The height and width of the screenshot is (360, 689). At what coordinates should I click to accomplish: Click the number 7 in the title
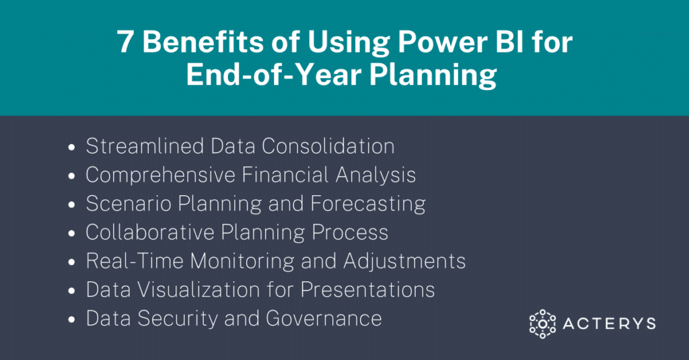[x=124, y=42]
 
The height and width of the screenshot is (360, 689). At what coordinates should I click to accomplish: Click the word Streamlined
[x=145, y=147]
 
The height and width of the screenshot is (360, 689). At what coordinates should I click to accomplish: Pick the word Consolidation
[x=328, y=147]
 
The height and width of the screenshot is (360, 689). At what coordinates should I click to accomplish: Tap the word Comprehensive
[x=160, y=175]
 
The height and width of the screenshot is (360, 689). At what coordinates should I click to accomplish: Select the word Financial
[x=285, y=174]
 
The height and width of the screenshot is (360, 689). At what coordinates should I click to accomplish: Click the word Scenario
[x=129, y=203]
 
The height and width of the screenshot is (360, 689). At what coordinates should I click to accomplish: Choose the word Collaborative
[x=149, y=232]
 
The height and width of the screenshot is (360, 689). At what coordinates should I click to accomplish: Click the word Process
[x=350, y=233]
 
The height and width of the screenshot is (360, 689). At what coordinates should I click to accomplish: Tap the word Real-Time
[x=135, y=260]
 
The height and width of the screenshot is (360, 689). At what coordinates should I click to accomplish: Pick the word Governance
[x=324, y=318]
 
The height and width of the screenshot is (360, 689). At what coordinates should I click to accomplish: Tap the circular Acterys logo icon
[x=542, y=324]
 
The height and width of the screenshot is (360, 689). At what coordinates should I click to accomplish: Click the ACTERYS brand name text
[x=609, y=324]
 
